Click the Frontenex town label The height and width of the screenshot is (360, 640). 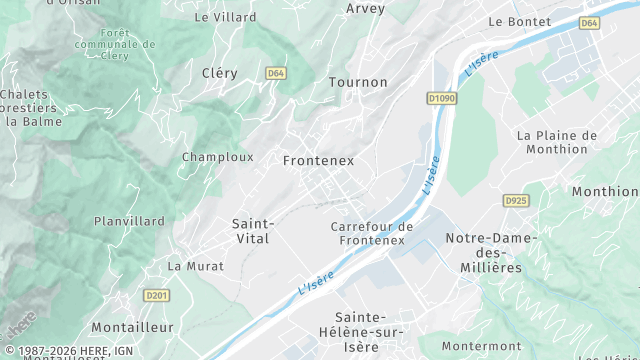tap(318, 160)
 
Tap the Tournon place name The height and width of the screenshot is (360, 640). tap(357, 82)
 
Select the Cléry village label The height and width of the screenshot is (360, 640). tap(219, 73)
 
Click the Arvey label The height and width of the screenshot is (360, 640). tap(365, 8)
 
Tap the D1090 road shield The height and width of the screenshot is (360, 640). tap(441, 98)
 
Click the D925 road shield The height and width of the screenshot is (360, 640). tap(516, 201)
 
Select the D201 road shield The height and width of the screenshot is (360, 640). tap(156, 295)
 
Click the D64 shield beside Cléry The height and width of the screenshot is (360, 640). tap(276, 73)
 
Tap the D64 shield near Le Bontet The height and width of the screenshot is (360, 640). tap(589, 22)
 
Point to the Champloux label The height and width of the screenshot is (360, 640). tap(217, 157)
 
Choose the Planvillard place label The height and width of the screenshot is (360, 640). tap(129, 221)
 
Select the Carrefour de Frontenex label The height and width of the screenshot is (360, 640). tap(371, 233)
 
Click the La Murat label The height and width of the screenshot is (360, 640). tap(196, 266)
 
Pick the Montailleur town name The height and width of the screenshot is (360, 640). tap(132, 327)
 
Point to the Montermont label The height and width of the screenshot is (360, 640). tap(481, 346)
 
